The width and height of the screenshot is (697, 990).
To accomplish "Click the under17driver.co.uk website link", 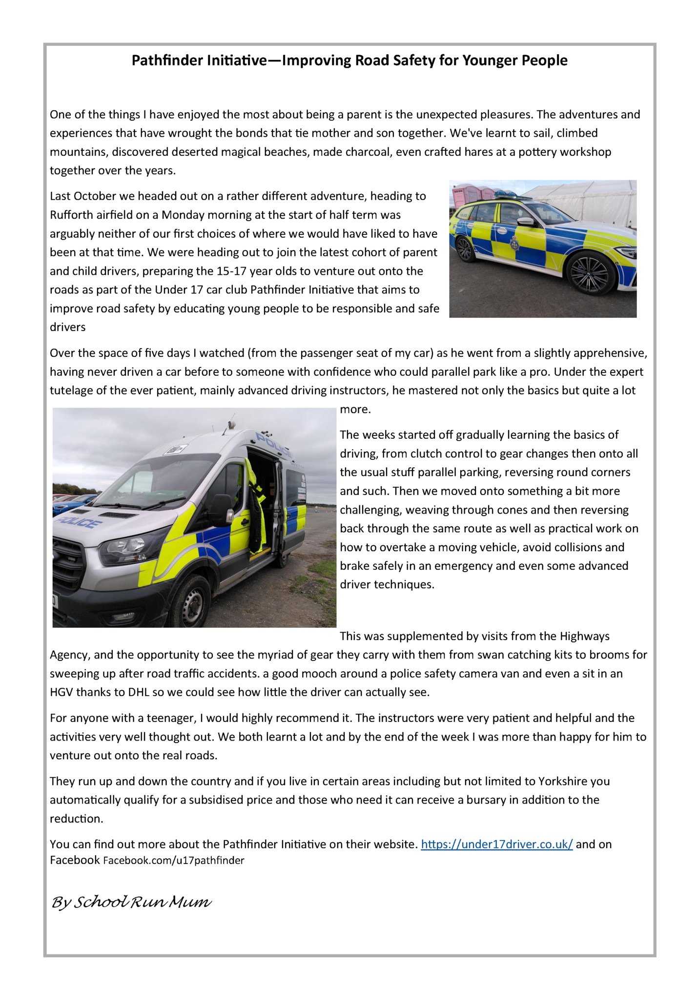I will pos(496,844).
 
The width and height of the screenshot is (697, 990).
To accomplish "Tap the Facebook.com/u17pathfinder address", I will pos(173,860).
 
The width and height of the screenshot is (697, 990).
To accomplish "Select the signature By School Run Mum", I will pos(131,902).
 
